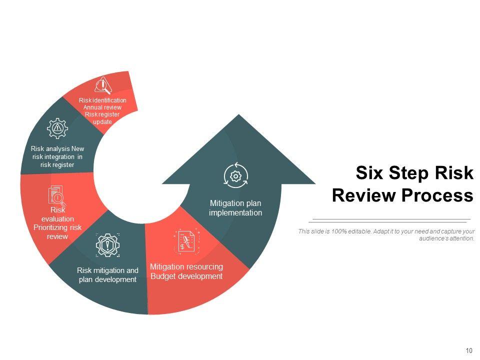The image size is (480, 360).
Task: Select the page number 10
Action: click(x=468, y=350)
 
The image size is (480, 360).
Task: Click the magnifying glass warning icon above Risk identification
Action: click(x=102, y=85)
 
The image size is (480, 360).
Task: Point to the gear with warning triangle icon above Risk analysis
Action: click(x=57, y=128)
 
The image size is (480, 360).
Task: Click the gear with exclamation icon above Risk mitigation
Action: click(x=107, y=244)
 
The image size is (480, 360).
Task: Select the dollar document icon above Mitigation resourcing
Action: click(x=185, y=242)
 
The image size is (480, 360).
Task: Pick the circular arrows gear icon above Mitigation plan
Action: click(x=235, y=175)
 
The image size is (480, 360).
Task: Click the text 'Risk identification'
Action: click(x=102, y=100)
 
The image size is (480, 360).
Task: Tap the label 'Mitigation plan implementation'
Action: click(x=235, y=208)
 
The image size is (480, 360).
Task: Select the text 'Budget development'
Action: click(x=186, y=276)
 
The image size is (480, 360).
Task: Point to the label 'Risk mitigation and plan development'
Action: click(x=107, y=274)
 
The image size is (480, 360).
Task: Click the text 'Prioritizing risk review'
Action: click(x=57, y=232)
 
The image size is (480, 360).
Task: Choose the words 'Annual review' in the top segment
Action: click(x=102, y=107)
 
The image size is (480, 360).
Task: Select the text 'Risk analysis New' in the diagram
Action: click(x=57, y=148)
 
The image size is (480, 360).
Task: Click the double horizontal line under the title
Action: click(x=390, y=220)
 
